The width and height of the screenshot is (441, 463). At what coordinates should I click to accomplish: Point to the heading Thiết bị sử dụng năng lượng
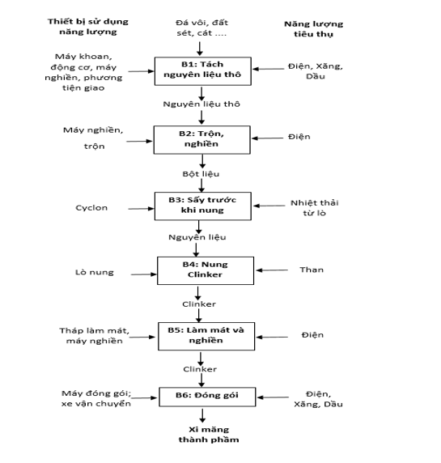tap(88, 27)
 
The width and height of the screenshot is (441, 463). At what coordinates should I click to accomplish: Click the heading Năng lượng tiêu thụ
tap(313, 29)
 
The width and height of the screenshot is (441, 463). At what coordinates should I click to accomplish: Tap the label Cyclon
tap(91, 208)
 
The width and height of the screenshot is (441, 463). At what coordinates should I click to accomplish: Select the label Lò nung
tap(95, 272)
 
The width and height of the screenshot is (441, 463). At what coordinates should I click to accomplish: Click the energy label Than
tap(312, 270)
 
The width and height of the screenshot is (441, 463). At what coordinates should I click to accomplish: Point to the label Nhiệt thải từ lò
tap(315, 208)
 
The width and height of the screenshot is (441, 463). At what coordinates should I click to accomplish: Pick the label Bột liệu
tap(201, 173)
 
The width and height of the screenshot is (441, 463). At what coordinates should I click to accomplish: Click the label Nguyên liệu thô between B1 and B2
tap(201, 104)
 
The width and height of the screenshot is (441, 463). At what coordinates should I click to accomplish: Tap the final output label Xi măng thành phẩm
tap(209, 435)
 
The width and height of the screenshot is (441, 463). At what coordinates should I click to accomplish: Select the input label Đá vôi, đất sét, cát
tap(201, 28)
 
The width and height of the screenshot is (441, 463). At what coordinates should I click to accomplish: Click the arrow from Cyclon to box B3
tap(141, 209)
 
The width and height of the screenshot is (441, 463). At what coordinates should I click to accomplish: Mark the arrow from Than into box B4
tap(272, 270)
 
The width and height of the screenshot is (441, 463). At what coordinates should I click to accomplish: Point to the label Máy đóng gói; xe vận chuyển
tap(96, 398)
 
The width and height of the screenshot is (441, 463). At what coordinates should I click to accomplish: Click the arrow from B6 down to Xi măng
tap(202, 415)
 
